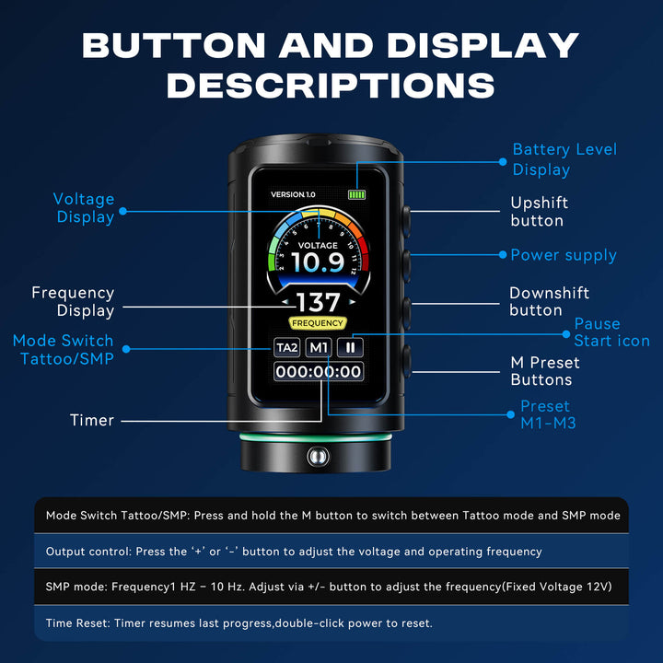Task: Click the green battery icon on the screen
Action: point(356,194)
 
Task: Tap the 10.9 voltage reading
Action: point(318,262)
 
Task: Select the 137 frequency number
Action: point(318,302)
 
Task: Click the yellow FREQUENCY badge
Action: point(318,323)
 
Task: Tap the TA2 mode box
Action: point(287,347)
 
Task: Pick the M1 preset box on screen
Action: point(319,347)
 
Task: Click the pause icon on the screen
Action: point(350,347)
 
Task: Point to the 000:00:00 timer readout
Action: point(319,372)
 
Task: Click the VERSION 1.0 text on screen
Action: point(293,194)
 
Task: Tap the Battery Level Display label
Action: point(564,159)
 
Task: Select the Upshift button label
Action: point(539,212)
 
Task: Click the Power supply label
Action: point(564,255)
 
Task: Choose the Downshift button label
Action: point(549,301)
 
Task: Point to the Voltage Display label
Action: point(84,207)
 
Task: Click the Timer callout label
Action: point(92,420)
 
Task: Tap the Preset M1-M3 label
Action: point(548,414)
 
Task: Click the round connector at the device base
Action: point(318,456)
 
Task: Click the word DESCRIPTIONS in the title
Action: point(331,86)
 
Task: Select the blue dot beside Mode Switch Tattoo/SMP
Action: point(126,349)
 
